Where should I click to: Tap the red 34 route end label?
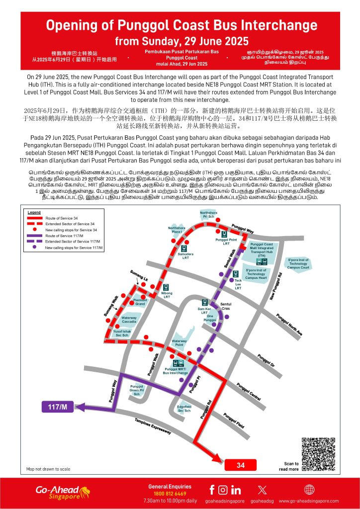tap(241, 465)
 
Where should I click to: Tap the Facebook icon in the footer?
tap(212, 490)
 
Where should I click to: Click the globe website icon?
tap(309, 490)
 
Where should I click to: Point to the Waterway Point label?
tap(181, 342)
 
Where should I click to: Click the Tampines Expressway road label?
tap(153, 426)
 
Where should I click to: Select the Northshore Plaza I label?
tap(176, 230)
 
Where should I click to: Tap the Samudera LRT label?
tap(185, 256)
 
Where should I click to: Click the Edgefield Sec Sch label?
tap(184, 409)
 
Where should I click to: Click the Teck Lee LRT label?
tap(238, 284)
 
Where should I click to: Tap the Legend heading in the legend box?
tap(34, 212)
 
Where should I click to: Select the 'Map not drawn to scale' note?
tap(48, 469)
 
